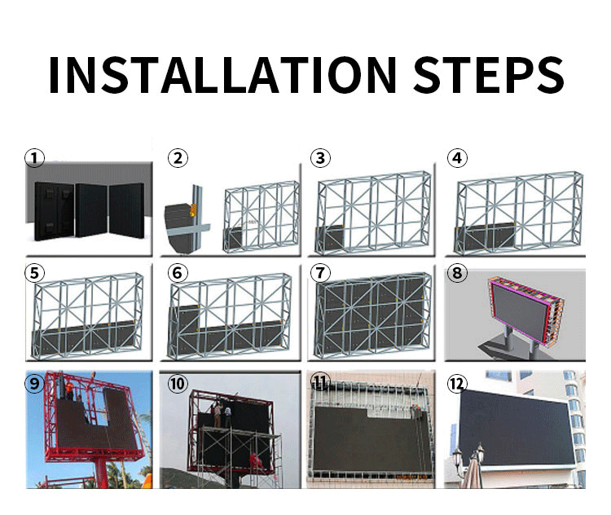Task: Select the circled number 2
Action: pyautogui.click(x=178, y=157)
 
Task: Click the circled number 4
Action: pyautogui.click(x=459, y=157)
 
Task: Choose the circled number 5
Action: pyautogui.click(x=33, y=273)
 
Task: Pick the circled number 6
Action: pyautogui.click(x=178, y=273)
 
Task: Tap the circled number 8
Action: pyautogui.click(x=458, y=273)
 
